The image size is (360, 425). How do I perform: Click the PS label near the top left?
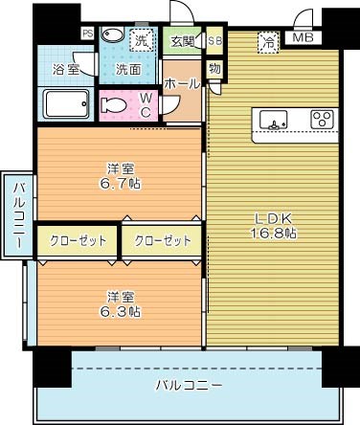pyautogui.click(x=88, y=34)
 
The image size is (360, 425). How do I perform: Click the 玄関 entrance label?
pyautogui.click(x=182, y=41)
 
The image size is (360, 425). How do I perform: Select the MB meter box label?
pyautogui.click(x=303, y=38)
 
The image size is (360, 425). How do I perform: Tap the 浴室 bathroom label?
pyautogui.click(x=65, y=70)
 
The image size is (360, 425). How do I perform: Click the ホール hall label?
pyautogui.click(x=182, y=83)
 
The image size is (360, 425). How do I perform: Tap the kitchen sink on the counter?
pyautogui.click(x=275, y=121)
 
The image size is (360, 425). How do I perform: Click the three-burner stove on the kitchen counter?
pyautogui.click(x=322, y=121)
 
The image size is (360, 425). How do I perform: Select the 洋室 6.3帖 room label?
pyautogui.click(x=121, y=303)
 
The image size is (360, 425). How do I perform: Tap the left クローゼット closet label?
pyautogui.click(x=78, y=241)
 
